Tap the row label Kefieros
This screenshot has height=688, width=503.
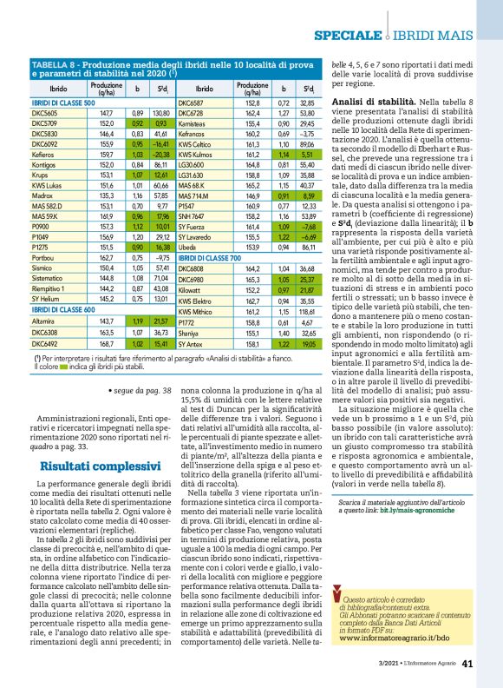(43, 152)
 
